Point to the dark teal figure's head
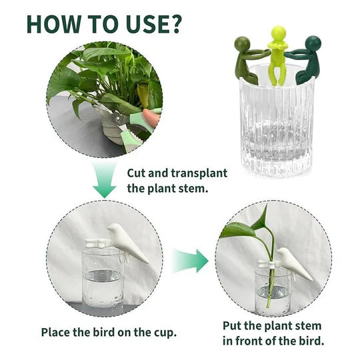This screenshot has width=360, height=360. click(313, 43)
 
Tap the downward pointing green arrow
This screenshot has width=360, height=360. click(104, 183)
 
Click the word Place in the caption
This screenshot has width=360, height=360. click(56, 331)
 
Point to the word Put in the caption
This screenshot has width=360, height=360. click(234, 326)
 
